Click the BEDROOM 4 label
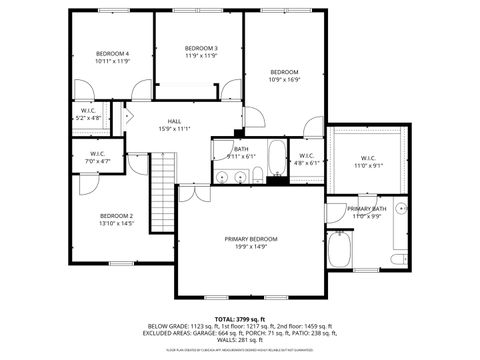click(x=113, y=53)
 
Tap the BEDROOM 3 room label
click(x=201, y=48)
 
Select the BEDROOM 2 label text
click(x=116, y=215)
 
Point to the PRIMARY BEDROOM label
click(x=251, y=239)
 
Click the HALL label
click(x=174, y=120)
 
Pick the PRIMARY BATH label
click(x=367, y=208)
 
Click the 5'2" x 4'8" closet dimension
click(x=89, y=118)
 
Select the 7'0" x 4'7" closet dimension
click(x=98, y=160)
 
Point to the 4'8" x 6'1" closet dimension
click(x=305, y=162)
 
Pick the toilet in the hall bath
click(x=257, y=177)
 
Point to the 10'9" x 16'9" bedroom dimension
click(x=285, y=80)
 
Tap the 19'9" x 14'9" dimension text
click(x=251, y=246)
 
